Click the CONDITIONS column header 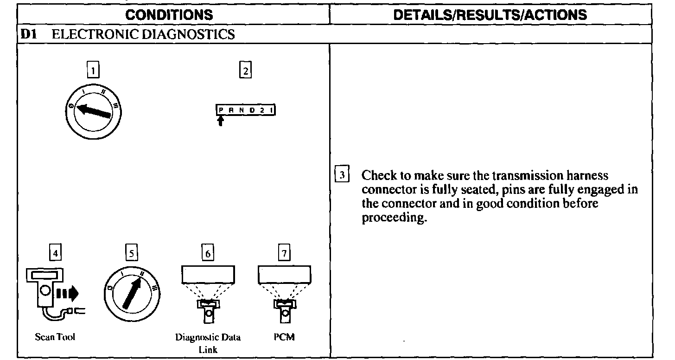(169, 14)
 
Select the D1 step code (26, 34)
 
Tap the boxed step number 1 (94, 71)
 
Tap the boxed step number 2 (245, 71)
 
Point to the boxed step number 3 (342, 175)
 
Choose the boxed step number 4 (55, 253)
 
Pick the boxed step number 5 (132, 253)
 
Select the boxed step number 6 (208, 253)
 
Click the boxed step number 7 (284, 253)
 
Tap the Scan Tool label (55, 337)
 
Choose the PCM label (285, 337)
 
